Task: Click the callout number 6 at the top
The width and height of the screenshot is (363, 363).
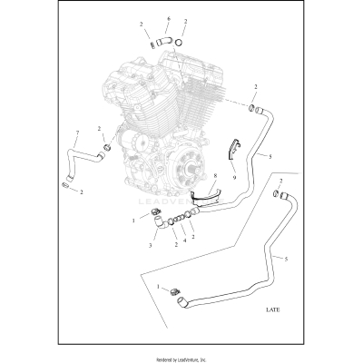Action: (x=168, y=19)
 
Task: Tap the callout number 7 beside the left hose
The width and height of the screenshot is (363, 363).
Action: (x=77, y=133)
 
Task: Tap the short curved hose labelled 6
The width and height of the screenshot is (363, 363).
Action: (x=163, y=40)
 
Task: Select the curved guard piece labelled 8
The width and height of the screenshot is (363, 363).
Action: (x=208, y=193)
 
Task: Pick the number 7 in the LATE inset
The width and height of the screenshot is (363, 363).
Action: (x=280, y=182)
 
